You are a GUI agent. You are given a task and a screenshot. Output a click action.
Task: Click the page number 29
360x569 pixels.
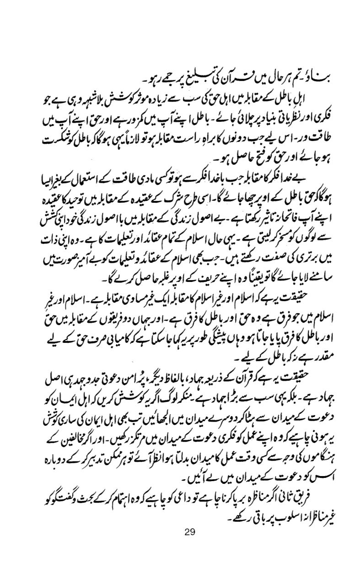coord(190,532)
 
